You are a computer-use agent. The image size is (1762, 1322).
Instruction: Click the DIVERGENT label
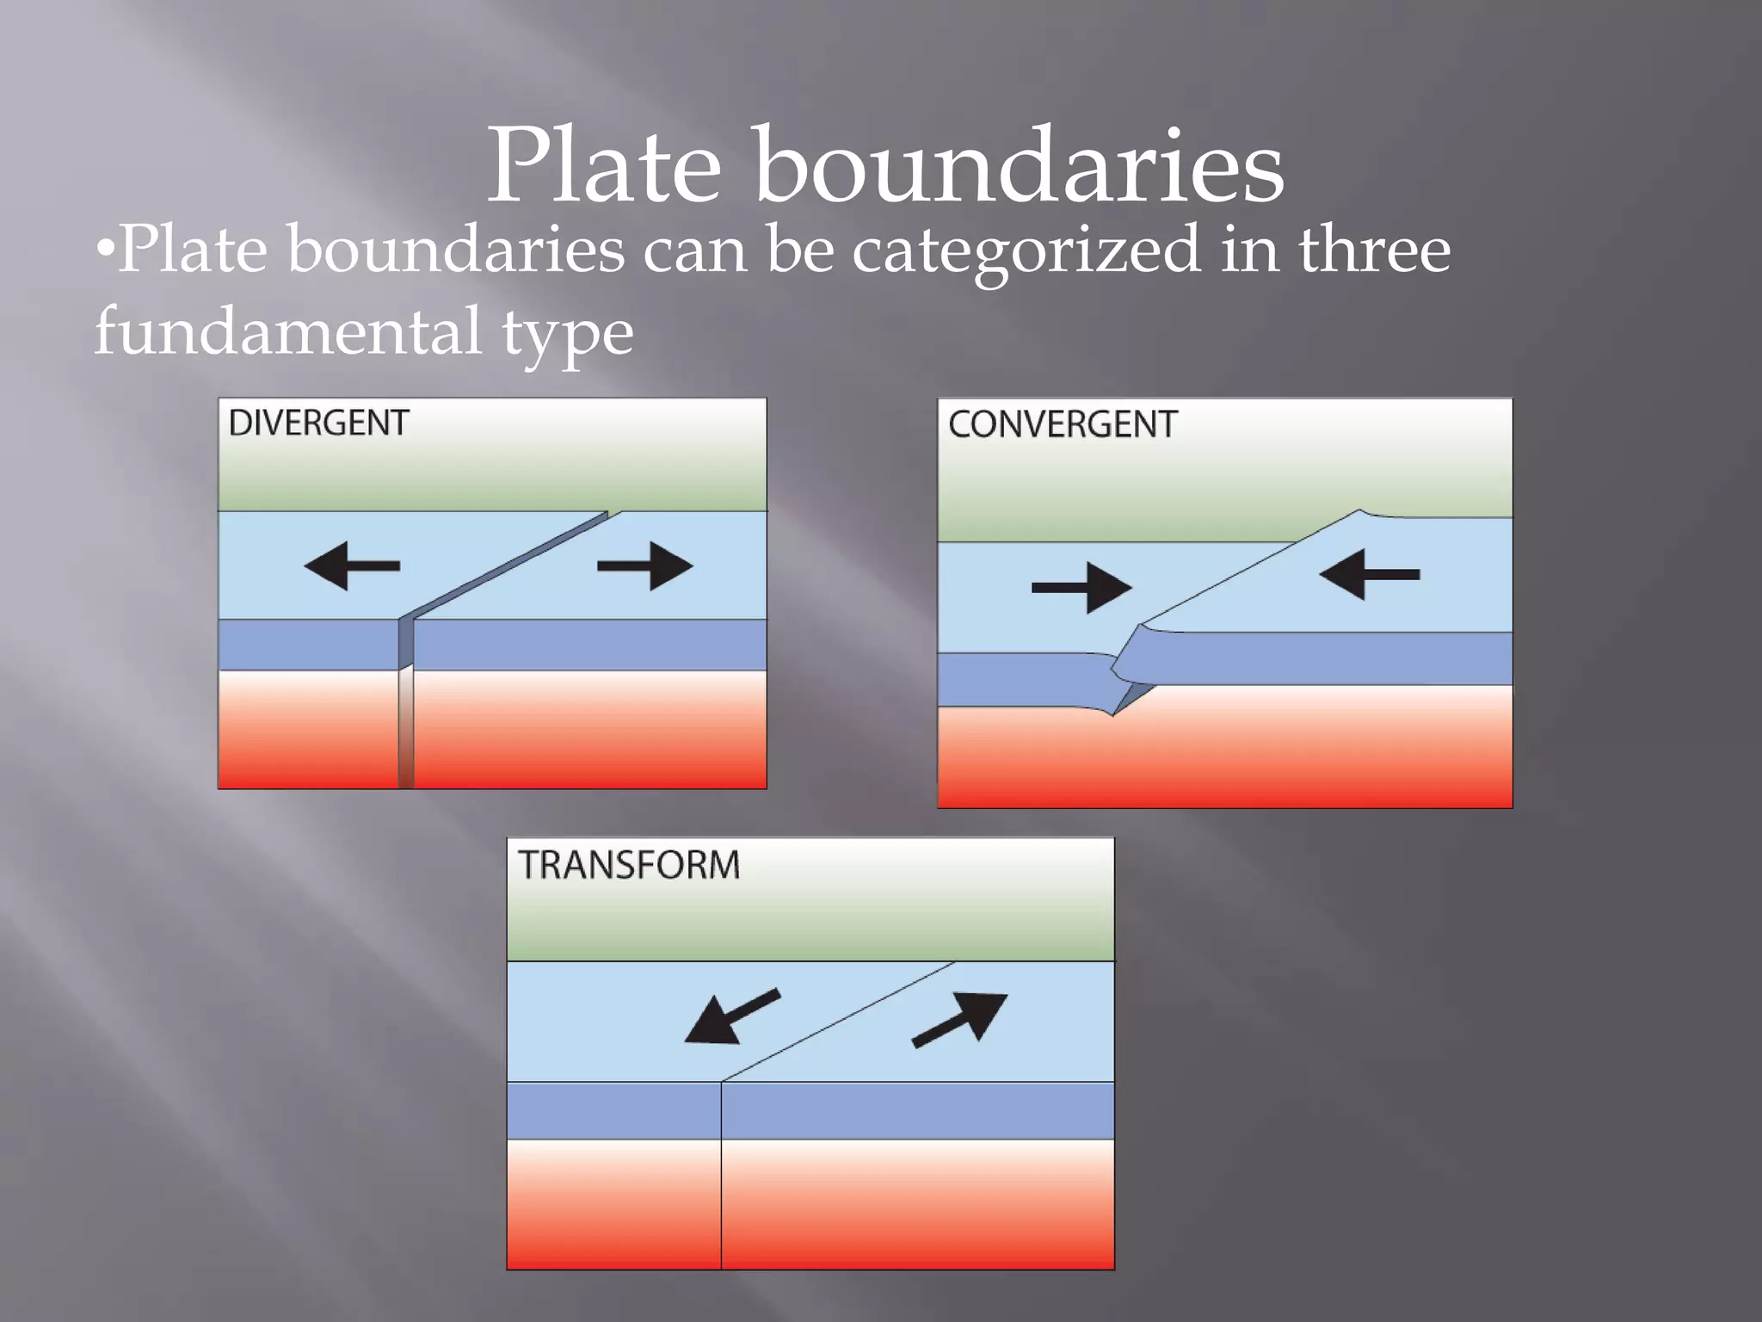318,423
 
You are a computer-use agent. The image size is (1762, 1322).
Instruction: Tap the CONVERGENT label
1063,424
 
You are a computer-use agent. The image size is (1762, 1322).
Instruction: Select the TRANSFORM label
629,865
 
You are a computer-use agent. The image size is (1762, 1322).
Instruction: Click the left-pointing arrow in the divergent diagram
352,565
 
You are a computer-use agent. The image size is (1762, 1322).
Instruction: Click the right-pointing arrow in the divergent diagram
645,565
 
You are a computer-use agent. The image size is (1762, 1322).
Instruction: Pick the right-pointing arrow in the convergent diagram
1081,587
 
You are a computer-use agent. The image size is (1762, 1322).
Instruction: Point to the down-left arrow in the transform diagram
731,1016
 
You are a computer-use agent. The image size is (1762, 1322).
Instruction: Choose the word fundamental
287,331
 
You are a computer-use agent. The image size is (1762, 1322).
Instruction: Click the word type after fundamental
568,336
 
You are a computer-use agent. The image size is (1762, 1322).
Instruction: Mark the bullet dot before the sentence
104,250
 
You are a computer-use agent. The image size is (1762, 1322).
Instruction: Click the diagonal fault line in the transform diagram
839,1022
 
